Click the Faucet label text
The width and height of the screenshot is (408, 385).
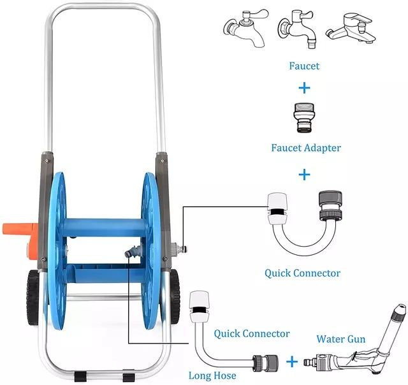click(304, 66)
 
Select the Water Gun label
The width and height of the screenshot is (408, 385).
click(341, 338)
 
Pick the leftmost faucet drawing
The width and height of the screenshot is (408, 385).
click(244, 30)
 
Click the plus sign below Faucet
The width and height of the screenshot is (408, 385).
click(304, 87)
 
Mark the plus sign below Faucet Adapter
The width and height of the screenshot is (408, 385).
click(304, 173)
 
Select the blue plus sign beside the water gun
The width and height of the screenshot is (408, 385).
click(291, 362)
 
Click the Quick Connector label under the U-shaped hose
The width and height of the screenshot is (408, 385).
click(302, 273)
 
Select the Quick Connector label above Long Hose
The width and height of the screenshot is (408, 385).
click(243, 333)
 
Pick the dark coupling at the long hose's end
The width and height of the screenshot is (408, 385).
click(261, 362)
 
